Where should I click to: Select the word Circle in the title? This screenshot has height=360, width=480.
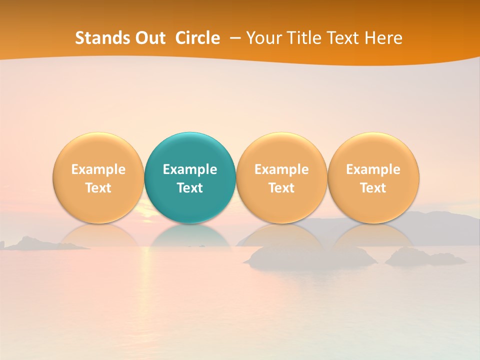tap(197, 38)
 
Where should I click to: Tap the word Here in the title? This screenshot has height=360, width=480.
tap(383, 38)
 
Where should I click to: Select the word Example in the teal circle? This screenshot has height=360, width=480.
tap(190, 170)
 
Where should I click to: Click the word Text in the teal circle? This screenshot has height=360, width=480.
tap(190, 188)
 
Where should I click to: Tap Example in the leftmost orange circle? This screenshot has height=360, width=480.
tap(98, 170)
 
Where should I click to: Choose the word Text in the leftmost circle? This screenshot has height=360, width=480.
tap(98, 188)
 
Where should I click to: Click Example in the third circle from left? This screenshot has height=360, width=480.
tap(281, 170)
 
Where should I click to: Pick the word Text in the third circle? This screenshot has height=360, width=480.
tap(281, 188)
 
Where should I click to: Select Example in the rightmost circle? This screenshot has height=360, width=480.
tap(373, 170)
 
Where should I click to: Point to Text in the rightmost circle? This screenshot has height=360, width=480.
tap(373, 188)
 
